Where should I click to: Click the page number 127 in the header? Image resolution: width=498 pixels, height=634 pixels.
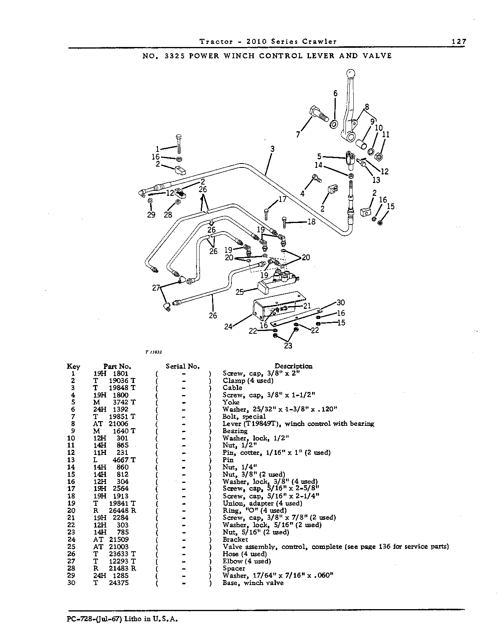[x=459, y=42]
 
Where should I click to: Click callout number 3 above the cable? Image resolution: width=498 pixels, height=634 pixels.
[x=272, y=149]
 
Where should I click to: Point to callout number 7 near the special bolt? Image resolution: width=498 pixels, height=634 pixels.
[x=298, y=134]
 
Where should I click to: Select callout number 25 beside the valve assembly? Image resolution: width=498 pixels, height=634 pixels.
[x=240, y=292]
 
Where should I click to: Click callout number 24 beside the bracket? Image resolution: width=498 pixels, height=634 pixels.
[x=228, y=326]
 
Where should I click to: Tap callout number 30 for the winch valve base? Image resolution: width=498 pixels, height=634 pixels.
[x=340, y=303]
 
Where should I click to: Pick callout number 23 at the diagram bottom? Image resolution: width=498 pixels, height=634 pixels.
[x=288, y=346]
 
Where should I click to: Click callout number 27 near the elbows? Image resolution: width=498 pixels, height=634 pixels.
[x=156, y=288]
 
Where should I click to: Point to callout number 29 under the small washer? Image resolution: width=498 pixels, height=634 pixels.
[x=151, y=215]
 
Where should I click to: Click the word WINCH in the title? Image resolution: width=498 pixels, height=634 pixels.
[x=238, y=56]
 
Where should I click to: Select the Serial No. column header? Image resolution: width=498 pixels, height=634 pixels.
[x=182, y=366]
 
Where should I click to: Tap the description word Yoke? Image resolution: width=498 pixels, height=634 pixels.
[x=231, y=402]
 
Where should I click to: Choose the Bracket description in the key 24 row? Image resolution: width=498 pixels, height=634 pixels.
[x=235, y=540]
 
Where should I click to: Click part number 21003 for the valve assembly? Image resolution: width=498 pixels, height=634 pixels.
[x=119, y=547]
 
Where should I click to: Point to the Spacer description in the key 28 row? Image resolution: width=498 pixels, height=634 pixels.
[x=234, y=568]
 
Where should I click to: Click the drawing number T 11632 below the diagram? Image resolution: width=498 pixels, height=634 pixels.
[x=154, y=352]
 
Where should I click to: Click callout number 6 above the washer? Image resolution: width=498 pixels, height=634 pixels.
[x=335, y=93]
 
